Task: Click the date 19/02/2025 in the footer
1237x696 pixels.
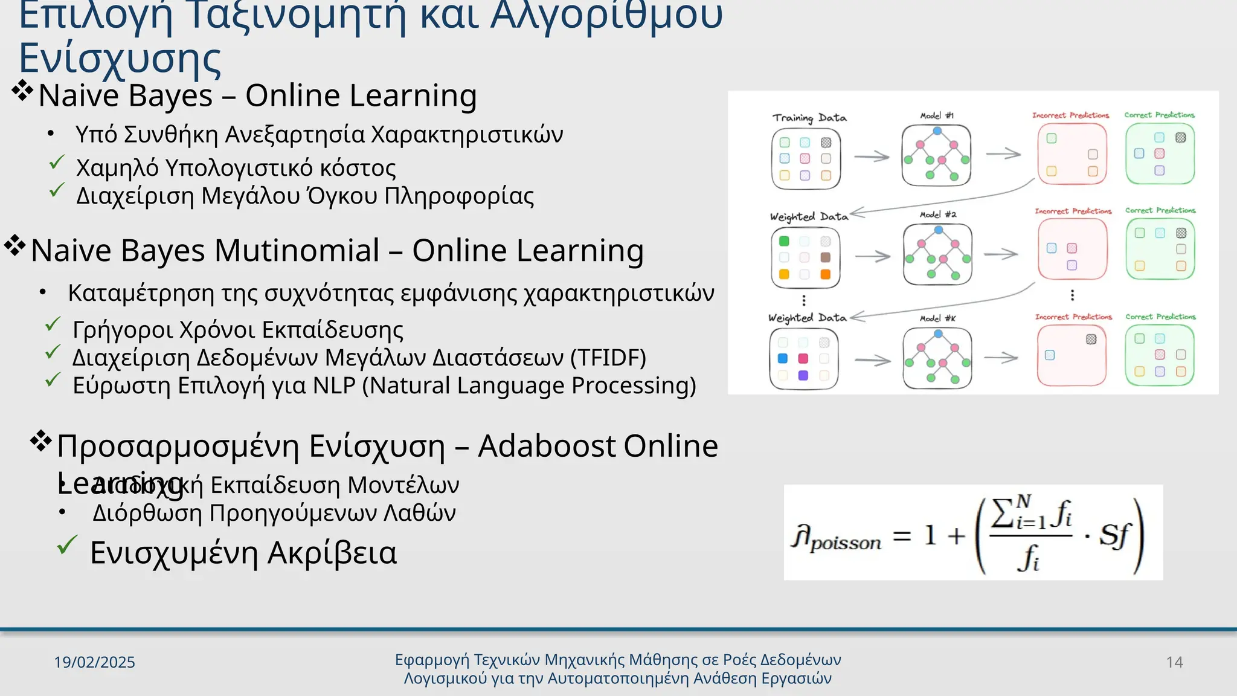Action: tap(94, 662)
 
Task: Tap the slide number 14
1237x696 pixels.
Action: tap(1174, 662)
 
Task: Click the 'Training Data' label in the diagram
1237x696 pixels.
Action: tap(809, 118)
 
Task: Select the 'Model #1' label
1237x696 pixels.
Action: tap(937, 115)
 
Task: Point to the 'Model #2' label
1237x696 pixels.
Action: tap(938, 214)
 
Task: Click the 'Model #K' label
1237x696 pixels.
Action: tap(937, 318)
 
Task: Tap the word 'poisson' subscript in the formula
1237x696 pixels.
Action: tap(846, 543)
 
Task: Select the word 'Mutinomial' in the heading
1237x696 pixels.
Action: tap(297, 250)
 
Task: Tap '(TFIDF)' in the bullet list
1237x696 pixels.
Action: tap(608, 358)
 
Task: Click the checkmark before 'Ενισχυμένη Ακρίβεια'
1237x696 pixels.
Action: tap(67, 545)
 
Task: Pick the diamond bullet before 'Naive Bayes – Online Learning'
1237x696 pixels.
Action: tap(22, 91)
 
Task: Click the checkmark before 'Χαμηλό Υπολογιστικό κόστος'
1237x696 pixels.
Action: tap(57, 163)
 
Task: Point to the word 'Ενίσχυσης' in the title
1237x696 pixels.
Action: tap(120, 59)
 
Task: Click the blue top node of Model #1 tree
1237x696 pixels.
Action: tap(937, 130)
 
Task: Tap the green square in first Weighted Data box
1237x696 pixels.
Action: tap(784, 241)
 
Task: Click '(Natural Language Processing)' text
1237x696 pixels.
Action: tap(529, 385)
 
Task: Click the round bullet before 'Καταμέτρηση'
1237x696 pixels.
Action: tap(42, 293)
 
